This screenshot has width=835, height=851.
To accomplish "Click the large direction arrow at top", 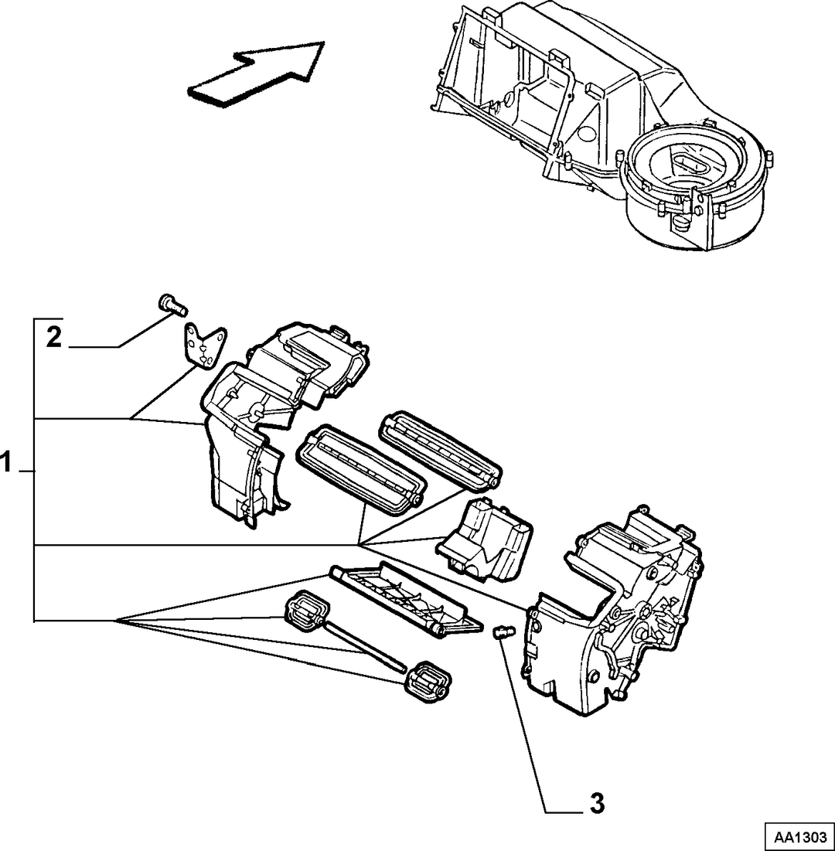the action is [255, 73].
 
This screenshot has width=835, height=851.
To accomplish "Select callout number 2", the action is [54, 338].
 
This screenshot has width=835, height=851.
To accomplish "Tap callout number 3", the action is [597, 803].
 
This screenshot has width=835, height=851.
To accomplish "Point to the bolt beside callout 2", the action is [172, 305].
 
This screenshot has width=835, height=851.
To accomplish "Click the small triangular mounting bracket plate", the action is [203, 347].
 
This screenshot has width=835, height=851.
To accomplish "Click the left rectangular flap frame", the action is [360, 469].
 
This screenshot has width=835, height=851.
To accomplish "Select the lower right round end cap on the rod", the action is [428, 682].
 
